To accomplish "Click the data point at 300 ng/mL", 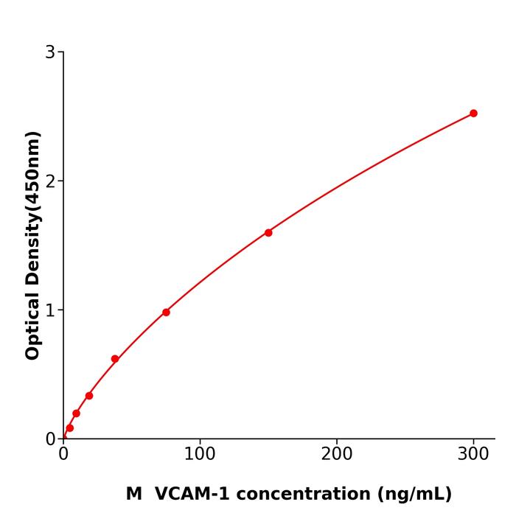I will [473, 114].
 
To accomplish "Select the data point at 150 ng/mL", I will [268, 233].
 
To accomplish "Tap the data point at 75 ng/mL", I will [166, 313].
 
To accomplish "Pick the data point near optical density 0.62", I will [115, 359].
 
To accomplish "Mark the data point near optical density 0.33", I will [89, 396].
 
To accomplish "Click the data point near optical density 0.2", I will [76, 414].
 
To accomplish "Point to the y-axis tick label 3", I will [50, 52].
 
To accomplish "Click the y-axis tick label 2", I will [50, 181].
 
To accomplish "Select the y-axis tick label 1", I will [50, 310].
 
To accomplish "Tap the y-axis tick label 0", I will [50, 439].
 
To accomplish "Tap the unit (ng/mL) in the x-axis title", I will [415, 494].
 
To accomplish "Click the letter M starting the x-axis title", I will [133, 494].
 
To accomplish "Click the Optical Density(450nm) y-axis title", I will [32, 245].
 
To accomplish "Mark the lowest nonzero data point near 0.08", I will [69, 428].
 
